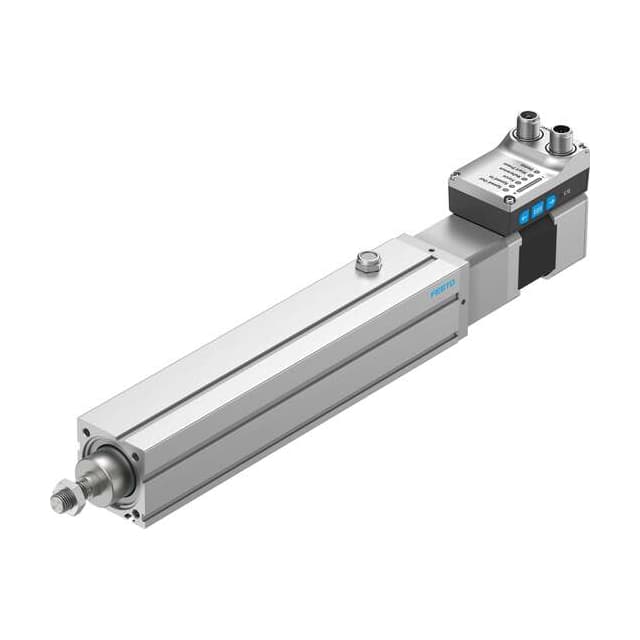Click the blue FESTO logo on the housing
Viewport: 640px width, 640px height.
pos(443,289)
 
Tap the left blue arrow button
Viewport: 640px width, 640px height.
pos(522,213)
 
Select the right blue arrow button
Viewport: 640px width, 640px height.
pos(550,200)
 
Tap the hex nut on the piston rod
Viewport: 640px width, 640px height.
pos(67,497)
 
